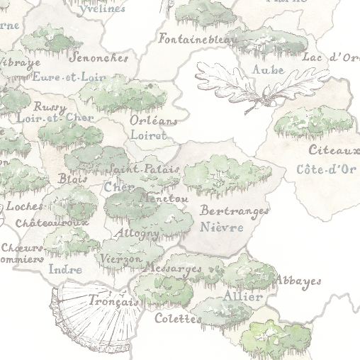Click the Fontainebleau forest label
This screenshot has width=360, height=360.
[198, 40]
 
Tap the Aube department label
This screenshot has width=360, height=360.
[269, 70]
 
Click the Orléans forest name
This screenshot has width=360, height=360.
[154, 120]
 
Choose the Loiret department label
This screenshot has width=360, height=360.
[149, 135]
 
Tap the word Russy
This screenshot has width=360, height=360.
[50, 107]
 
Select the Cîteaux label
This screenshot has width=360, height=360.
[333, 150]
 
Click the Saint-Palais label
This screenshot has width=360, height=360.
[144, 170]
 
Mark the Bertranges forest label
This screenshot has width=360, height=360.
[235, 211]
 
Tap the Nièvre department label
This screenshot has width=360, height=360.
[222, 227]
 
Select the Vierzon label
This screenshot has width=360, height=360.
[121, 259]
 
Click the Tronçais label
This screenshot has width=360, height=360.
[113, 301]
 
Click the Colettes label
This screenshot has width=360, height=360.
[179, 319]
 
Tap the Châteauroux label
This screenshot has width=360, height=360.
[52, 223]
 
